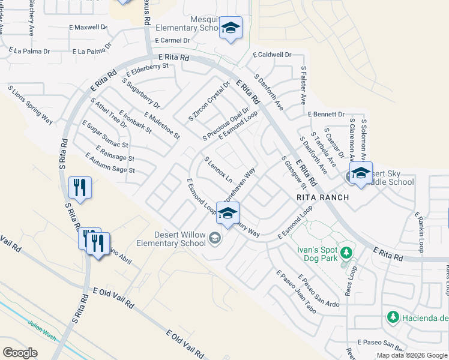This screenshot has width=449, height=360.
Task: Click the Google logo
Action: tap(20, 352)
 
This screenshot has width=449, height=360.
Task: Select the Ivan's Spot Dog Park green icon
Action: tap(345, 253)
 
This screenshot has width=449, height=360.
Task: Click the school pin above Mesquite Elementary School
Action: tap(231, 29)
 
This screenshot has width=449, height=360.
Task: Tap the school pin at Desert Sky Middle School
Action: tap(360, 173)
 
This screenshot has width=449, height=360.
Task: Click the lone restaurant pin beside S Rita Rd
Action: tap(79, 187)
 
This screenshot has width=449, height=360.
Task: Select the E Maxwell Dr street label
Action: tap(88, 28)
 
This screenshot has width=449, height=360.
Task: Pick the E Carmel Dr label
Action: tap(171, 40)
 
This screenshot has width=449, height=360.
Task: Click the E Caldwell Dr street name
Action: tap(272, 55)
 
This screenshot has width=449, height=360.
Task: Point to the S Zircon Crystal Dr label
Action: tap(209, 101)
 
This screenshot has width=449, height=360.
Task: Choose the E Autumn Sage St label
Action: tap(110, 163)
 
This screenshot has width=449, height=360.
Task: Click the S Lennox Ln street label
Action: tap(218, 170)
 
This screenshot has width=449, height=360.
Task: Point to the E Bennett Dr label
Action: tap(325, 114)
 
